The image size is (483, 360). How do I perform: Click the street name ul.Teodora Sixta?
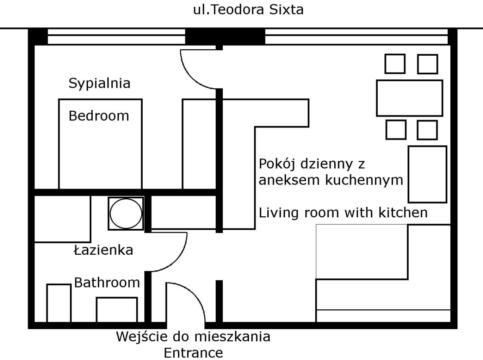(248, 10)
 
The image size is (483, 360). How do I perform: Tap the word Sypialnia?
(100, 84)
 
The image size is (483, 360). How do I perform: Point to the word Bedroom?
(99, 116)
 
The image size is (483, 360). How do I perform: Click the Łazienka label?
(103, 250)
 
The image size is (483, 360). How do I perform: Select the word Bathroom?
(107, 282)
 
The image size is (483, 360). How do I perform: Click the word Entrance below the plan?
(193, 353)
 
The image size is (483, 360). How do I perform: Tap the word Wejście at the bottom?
(142, 337)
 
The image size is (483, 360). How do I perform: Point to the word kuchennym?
(364, 180)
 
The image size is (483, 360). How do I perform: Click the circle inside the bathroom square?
(126, 213)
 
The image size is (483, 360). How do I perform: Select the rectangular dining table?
(410, 98)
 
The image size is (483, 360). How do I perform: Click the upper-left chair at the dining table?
(395, 64)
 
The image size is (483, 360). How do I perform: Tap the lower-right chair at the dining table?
(427, 130)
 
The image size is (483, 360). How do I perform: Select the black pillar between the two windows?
(225, 36)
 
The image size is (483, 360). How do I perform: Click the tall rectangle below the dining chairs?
(427, 174)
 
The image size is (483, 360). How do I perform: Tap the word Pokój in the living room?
(277, 164)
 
